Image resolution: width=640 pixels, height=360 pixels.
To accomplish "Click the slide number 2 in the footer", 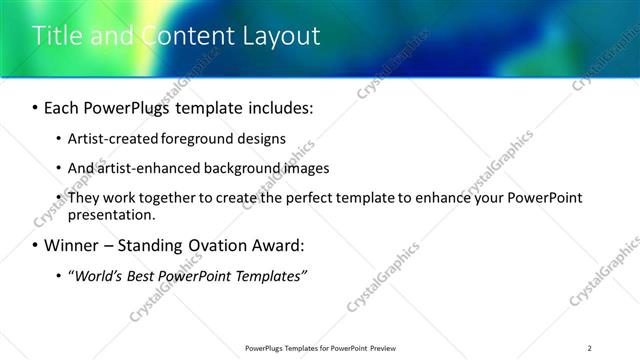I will point(590,348).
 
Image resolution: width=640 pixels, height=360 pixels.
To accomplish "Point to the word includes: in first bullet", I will point(274,107).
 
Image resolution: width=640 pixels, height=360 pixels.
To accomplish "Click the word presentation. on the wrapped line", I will point(111,214).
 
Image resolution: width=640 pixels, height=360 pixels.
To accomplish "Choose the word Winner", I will point(72,245).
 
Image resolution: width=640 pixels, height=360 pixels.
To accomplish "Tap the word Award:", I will point(283,245).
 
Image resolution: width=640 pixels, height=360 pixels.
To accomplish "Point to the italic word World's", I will point(95,275).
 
